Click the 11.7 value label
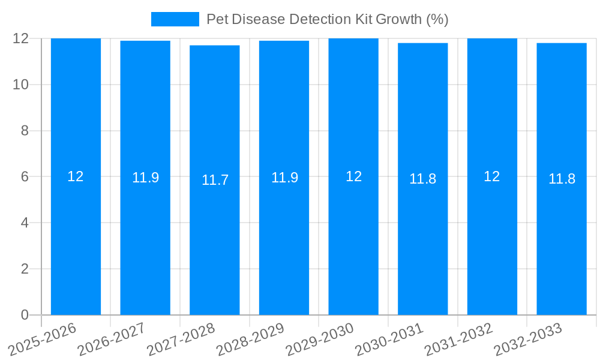pyautogui.click(x=215, y=180)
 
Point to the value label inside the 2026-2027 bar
pyautogui.click(x=145, y=178)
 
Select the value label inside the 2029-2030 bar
pyautogui.click(x=354, y=176)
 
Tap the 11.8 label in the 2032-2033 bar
pyautogui.click(x=562, y=179)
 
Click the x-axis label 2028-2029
pyautogui.click(x=250, y=339)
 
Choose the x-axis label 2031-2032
pyautogui.click(x=458, y=339)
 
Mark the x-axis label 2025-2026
pyautogui.click(x=42, y=339)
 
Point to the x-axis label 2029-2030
pyautogui.click(x=320, y=339)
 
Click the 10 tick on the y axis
pyautogui.click(x=21, y=85)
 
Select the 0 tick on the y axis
pyautogui.click(x=25, y=315)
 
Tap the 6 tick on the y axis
pyautogui.click(x=25, y=177)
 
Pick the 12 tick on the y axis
pyautogui.click(x=21, y=38)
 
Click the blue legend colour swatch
pyautogui.click(x=175, y=19)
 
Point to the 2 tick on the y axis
pyautogui.click(x=25, y=269)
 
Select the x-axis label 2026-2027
pyautogui.click(x=112, y=339)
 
